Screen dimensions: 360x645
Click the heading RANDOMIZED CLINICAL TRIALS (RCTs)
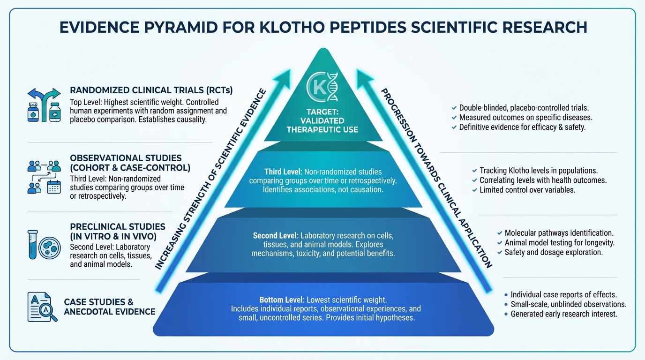151,90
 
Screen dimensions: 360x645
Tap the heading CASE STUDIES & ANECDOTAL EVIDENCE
109,307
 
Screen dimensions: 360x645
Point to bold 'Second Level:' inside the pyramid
275,235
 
